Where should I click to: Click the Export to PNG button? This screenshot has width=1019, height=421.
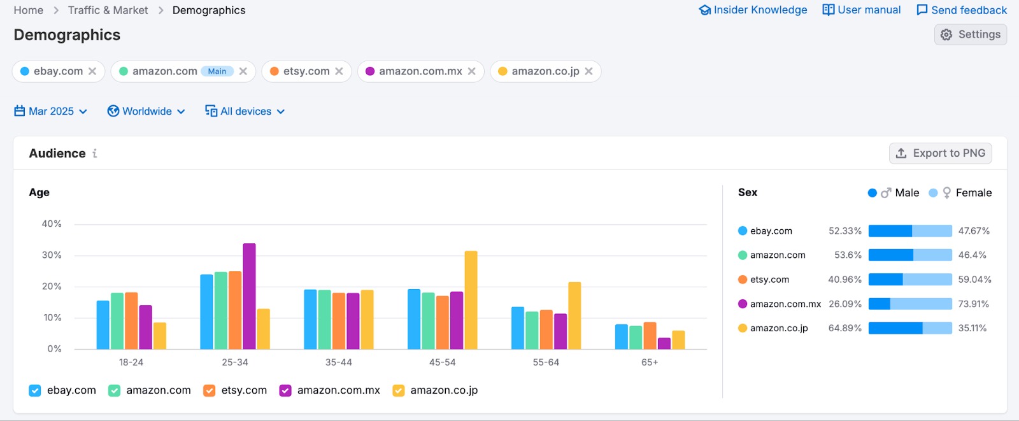click(x=940, y=153)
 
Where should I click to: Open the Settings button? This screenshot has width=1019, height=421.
click(x=971, y=34)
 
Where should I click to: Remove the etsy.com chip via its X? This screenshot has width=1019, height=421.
click(x=339, y=71)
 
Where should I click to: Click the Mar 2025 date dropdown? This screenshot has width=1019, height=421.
click(x=51, y=111)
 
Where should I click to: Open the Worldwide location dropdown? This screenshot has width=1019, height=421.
click(x=146, y=111)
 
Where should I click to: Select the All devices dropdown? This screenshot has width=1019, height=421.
click(x=245, y=111)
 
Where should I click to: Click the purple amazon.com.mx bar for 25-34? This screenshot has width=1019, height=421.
click(x=249, y=296)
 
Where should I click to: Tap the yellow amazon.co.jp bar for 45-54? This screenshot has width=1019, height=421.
click(x=471, y=300)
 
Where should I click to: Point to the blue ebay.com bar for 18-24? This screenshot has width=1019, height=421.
click(x=103, y=325)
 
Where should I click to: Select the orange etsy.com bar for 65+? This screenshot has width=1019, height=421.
click(x=650, y=336)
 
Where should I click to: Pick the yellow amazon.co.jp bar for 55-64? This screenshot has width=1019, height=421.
click(x=574, y=315)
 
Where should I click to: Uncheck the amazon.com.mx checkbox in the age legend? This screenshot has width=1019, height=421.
click(x=285, y=390)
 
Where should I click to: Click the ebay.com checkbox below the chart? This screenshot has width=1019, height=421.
click(x=35, y=390)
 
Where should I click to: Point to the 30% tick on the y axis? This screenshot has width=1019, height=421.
click(x=52, y=255)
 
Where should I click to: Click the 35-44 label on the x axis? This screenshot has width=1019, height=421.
click(x=339, y=362)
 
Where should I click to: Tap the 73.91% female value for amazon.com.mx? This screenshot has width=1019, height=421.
click(x=974, y=304)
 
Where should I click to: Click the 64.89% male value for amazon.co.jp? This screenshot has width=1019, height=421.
click(x=844, y=328)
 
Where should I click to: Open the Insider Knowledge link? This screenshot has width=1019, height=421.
click(x=753, y=10)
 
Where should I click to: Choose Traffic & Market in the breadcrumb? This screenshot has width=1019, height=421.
click(x=108, y=10)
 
